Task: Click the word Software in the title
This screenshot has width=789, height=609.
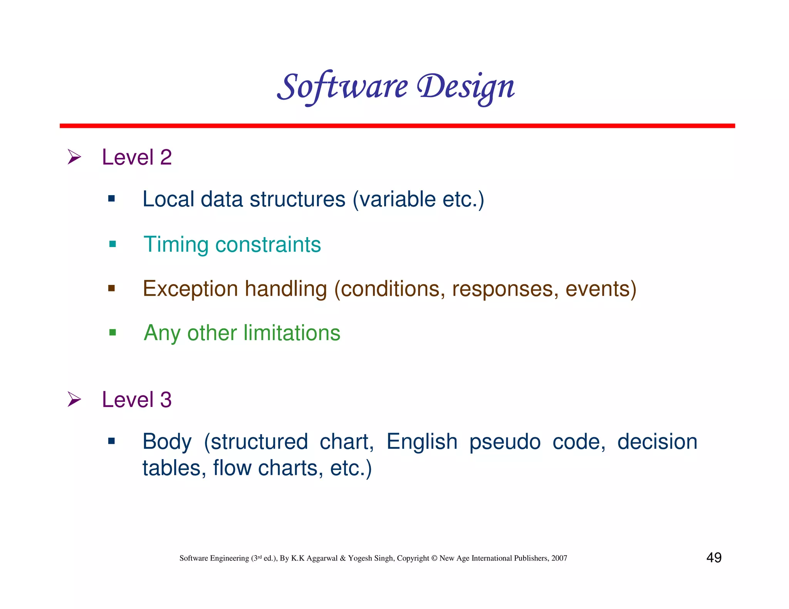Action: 342,87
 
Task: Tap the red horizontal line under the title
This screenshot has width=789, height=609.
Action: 397,126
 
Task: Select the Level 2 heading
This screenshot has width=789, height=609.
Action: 136,157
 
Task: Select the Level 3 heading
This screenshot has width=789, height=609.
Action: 136,400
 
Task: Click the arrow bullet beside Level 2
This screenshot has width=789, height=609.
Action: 74,157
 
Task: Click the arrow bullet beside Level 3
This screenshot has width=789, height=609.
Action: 74,399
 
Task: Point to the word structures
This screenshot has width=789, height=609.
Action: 297,199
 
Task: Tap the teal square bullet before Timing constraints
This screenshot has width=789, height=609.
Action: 112,244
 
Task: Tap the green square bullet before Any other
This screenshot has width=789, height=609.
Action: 112,332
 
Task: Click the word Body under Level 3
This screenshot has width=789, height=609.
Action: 167,442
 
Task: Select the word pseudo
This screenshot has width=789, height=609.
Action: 505,442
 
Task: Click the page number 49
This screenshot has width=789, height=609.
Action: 713,557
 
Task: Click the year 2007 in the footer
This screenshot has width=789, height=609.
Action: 559,558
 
